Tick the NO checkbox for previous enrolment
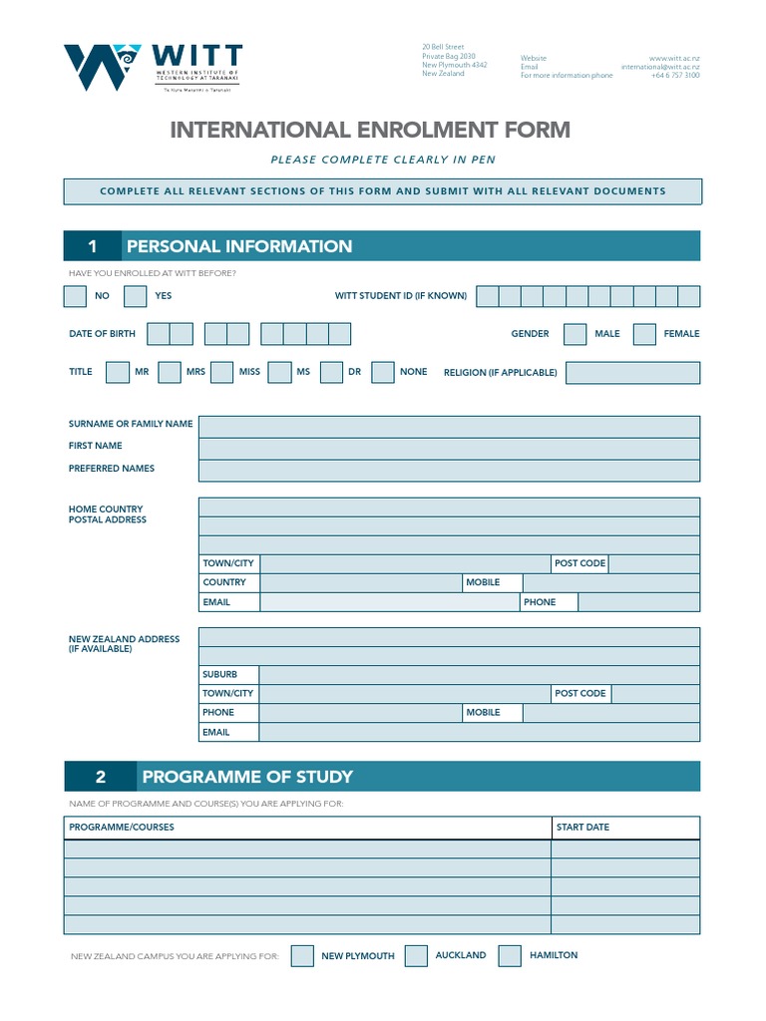75,296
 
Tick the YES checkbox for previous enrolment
136,296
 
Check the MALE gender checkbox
574,334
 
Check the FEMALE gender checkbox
644,334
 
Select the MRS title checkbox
170,372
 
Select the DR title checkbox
331,372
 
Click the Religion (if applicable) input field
632,373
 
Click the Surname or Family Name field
449,427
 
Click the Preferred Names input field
449,471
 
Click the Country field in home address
359,582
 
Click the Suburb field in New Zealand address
479,675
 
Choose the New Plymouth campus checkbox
302,956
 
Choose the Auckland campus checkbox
417,956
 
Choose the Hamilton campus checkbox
510,956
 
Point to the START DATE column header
582,828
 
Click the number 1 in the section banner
92,246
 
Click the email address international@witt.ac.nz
659,67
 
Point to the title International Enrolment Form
370,130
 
